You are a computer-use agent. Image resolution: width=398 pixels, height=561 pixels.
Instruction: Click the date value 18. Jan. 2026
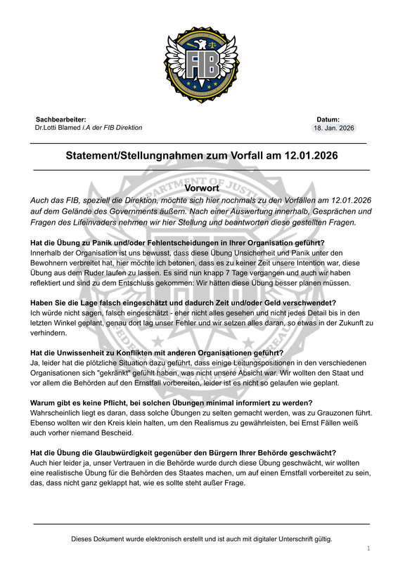(334, 128)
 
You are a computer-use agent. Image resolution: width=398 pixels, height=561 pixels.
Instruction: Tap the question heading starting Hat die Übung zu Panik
(172, 243)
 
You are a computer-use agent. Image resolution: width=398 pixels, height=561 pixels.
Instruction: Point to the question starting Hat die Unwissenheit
(157, 352)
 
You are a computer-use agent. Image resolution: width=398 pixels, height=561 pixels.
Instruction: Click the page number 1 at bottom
(368, 548)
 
